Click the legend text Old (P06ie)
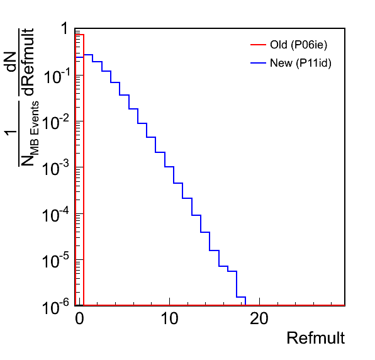click(x=298, y=45)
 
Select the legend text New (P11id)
click(x=301, y=63)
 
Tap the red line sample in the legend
click(x=259, y=45)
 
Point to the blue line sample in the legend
click(x=259, y=63)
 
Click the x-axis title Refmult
click(x=316, y=338)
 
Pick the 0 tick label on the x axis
click(x=79, y=318)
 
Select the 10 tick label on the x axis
click(x=169, y=318)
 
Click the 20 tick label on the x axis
click(x=259, y=318)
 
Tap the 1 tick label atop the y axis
click(x=65, y=28)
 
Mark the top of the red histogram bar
click(x=79, y=35)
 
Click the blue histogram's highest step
click(x=88, y=55)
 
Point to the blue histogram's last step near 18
click(x=241, y=297)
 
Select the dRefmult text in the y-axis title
click(x=29, y=62)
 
